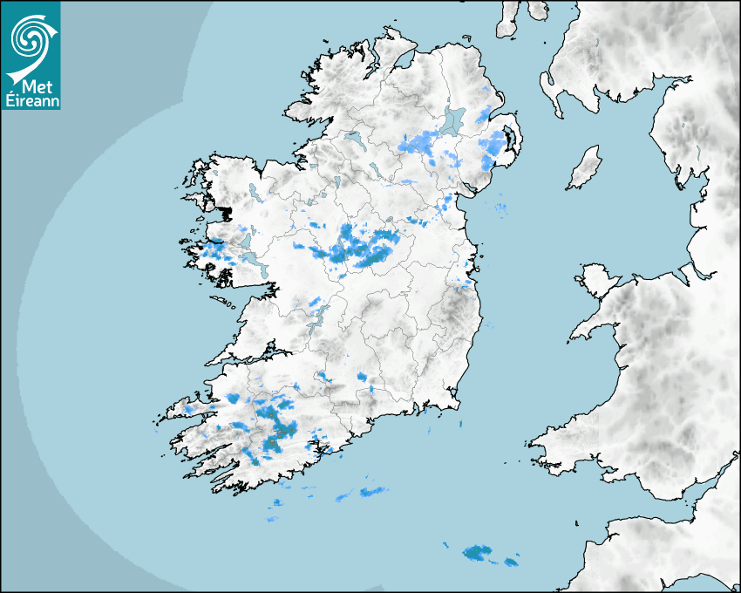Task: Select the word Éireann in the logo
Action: pos(31,100)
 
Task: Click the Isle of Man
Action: pos(585,168)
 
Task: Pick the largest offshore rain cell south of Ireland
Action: pos(477,552)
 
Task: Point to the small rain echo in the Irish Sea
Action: pos(500,207)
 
